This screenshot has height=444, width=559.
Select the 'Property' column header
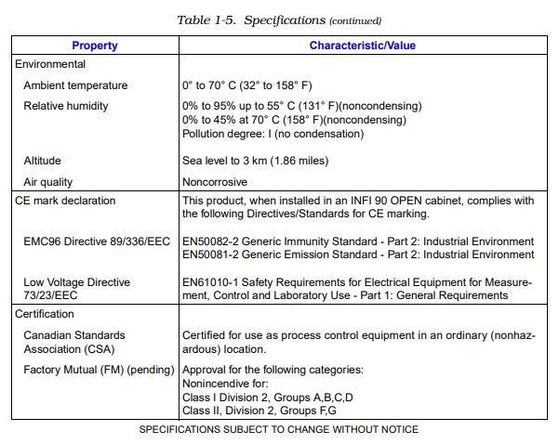coord(94,45)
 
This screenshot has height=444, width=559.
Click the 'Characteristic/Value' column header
coord(362,45)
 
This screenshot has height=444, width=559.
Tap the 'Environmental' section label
coord(50,64)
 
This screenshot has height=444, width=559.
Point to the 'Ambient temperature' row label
coord(75,85)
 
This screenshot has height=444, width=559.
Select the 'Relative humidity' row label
coord(65,106)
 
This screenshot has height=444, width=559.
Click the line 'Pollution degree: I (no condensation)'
coord(273,133)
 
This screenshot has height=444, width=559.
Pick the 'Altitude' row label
coord(42,161)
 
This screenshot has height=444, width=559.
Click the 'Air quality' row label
coord(47,182)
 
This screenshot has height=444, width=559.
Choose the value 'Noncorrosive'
coord(214,182)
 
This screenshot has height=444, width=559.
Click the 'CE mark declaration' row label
coord(65,201)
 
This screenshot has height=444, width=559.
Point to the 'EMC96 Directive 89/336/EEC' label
coord(98,242)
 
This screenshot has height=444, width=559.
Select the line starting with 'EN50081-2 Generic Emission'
coord(358,255)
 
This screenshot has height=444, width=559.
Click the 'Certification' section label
coord(45,314)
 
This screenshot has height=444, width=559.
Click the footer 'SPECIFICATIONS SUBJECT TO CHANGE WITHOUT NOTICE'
coord(278,429)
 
